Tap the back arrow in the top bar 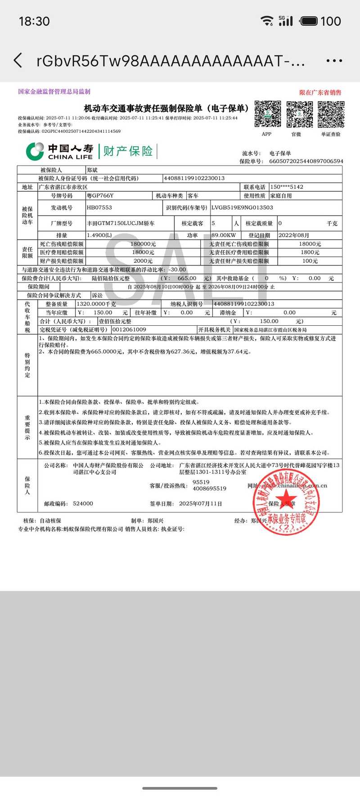tap(18, 60)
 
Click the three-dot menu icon tap(334, 61)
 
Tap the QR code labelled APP tap(268, 114)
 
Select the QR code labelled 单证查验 tap(331, 114)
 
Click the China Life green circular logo tap(35, 151)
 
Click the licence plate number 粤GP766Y tap(100, 196)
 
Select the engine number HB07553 tap(99, 207)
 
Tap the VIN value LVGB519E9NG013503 tap(242, 207)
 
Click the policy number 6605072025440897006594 tap(306, 161)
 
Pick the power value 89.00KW tap(224, 235)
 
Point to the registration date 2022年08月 tap(294, 235)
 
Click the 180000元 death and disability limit tap(143, 244)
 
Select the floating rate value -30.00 tap(177, 270)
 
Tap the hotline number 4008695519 tap(209, 488)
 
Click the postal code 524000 tap(83, 503)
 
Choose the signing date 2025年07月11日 tap(200, 503)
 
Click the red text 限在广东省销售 tap(320, 93)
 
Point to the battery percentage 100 tap(330, 21)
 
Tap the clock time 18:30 tap(34, 21)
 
